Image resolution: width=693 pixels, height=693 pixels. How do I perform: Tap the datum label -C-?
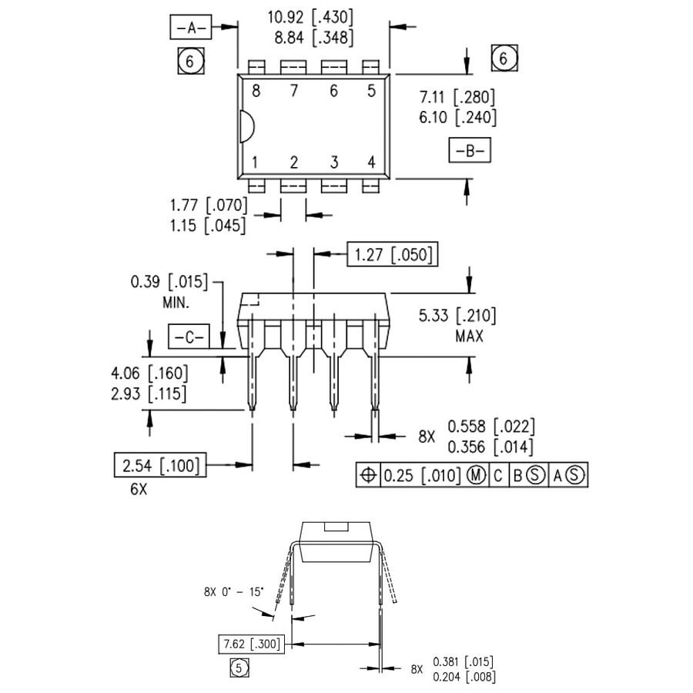point(188,336)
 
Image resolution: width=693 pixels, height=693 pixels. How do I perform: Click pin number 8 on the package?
point(256,91)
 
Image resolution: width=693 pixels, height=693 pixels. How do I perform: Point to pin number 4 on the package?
point(371,162)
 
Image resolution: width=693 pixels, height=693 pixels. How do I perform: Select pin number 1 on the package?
point(254,162)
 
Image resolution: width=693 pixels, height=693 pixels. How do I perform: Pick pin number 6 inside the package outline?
point(333,91)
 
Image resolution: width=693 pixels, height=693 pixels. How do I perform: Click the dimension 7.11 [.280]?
point(457,97)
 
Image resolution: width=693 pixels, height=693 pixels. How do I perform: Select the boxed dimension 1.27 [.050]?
point(392,253)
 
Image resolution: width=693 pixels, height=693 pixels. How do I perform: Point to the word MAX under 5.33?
point(469,336)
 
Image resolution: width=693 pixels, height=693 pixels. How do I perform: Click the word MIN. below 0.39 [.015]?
point(176,303)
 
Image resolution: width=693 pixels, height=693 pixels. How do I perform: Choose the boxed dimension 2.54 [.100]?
point(159,465)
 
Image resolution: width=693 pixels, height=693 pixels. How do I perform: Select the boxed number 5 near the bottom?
point(239,668)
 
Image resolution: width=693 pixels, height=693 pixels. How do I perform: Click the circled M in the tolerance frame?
point(477,476)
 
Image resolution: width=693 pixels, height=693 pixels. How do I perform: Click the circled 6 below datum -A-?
point(190,61)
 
